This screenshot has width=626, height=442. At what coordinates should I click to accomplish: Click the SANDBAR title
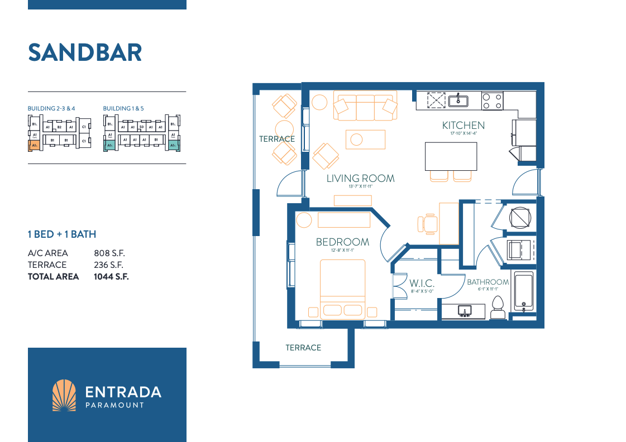pyautogui.click(x=85, y=52)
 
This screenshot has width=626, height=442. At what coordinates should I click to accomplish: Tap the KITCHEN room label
pyautogui.click(x=463, y=125)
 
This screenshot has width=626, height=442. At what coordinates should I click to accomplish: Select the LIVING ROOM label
pyautogui.click(x=360, y=179)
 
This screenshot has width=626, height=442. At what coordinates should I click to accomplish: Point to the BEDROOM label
pyautogui.click(x=342, y=242)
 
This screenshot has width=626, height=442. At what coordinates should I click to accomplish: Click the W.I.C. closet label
pyautogui.click(x=422, y=284)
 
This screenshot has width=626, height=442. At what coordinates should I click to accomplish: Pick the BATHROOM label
pyautogui.click(x=488, y=282)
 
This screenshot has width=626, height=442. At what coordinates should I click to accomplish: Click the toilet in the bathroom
pyautogui.click(x=498, y=308)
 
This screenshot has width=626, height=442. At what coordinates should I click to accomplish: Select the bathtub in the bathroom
pyautogui.click(x=523, y=293)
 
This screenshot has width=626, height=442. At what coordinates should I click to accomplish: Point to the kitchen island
pyautogui.click(x=451, y=156)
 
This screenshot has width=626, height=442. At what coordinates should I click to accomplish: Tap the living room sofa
pyautogui.click(x=365, y=107)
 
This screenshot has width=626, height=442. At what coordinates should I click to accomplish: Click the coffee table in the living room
pyautogui.click(x=365, y=139)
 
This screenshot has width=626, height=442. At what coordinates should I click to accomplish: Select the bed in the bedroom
pyautogui.click(x=342, y=290)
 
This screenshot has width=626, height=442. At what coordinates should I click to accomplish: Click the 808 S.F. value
pyautogui.click(x=109, y=253)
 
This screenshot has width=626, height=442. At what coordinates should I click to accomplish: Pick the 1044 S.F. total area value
pyautogui.click(x=111, y=276)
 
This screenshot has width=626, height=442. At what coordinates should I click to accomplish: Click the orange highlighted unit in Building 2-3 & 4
pyautogui.click(x=34, y=146)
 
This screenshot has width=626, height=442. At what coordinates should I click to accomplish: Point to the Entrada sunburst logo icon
pyautogui.click(x=64, y=396)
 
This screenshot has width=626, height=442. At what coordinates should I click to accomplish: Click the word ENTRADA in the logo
pyautogui.click(x=123, y=392)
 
